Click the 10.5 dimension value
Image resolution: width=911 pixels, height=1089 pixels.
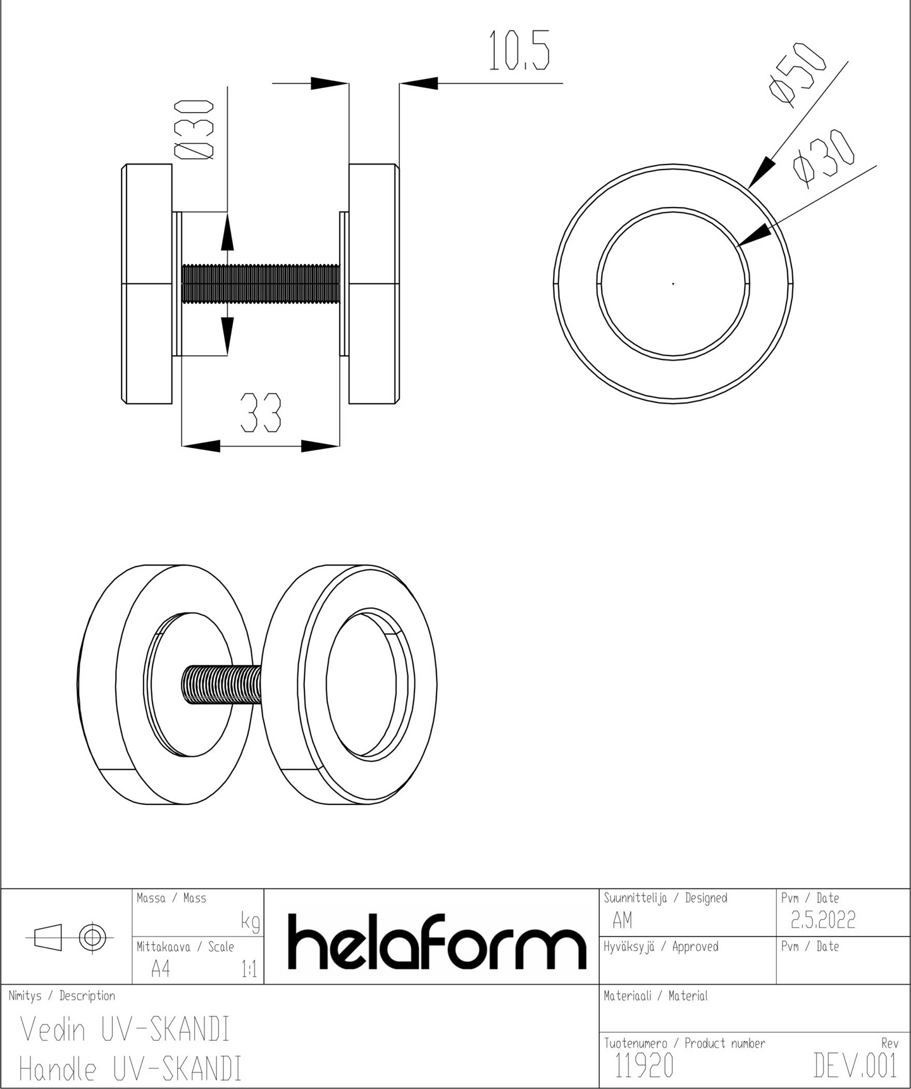(x=519, y=51)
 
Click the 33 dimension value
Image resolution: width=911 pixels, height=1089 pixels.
(x=261, y=413)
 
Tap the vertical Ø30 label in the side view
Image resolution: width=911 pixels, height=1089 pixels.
(x=194, y=129)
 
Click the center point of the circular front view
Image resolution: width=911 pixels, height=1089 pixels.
(x=673, y=284)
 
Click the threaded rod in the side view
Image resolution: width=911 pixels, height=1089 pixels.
(x=261, y=283)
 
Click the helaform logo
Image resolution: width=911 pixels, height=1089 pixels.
(x=437, y=942)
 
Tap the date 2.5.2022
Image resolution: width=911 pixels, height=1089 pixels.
(x=823, y=919)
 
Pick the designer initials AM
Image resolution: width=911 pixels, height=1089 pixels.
(x=623, y=920)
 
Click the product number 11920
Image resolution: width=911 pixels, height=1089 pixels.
(x=644, y=1066)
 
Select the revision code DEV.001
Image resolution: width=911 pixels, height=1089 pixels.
(x=855, y=1066)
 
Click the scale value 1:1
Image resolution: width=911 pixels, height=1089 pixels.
(x=249, y=969)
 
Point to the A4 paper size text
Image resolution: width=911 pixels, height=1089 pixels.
(x=161, y=969)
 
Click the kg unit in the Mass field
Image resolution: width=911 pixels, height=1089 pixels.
(x=251, y=923)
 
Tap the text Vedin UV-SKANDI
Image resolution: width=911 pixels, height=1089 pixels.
(x=125, y=1030)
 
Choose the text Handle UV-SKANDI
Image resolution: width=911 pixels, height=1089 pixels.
(x=130, y=1069)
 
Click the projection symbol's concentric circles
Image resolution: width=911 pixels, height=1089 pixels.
(x=92, y=937)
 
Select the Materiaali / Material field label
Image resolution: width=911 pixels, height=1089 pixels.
(x=655, y=996)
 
